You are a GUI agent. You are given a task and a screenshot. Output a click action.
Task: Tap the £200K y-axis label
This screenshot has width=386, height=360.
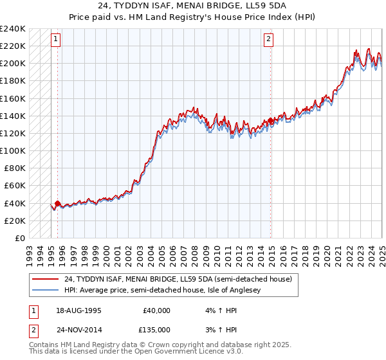13,63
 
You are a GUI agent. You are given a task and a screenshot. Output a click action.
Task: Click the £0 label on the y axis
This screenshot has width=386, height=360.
20,238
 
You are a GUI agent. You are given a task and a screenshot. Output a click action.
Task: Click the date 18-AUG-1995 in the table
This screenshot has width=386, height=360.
78,310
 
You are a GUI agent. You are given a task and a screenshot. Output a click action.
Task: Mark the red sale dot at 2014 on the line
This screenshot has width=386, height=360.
271,120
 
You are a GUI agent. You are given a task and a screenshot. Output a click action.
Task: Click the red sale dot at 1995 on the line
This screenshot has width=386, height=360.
58,203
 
